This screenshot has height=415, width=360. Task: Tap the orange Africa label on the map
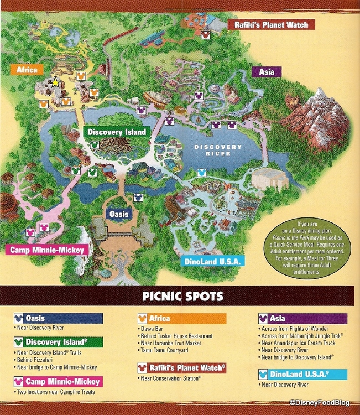tap(27, 70)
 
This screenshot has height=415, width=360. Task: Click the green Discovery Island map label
tap(117, 132)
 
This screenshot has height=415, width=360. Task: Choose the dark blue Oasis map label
tap(118, 214)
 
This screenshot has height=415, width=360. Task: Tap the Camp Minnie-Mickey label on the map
tap(48, 250)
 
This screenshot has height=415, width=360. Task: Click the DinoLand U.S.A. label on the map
tap(212, 261)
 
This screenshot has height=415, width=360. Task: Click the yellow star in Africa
tap(55, 82)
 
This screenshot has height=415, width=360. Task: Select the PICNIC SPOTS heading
tap(180, 297)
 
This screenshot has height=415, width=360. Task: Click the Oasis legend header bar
tap(59, 318)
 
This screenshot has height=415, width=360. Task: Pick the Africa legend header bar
tap(182, 318)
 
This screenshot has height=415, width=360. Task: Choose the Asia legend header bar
tap(302, 318)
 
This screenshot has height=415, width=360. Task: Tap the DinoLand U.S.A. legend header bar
tap(302, 375)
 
